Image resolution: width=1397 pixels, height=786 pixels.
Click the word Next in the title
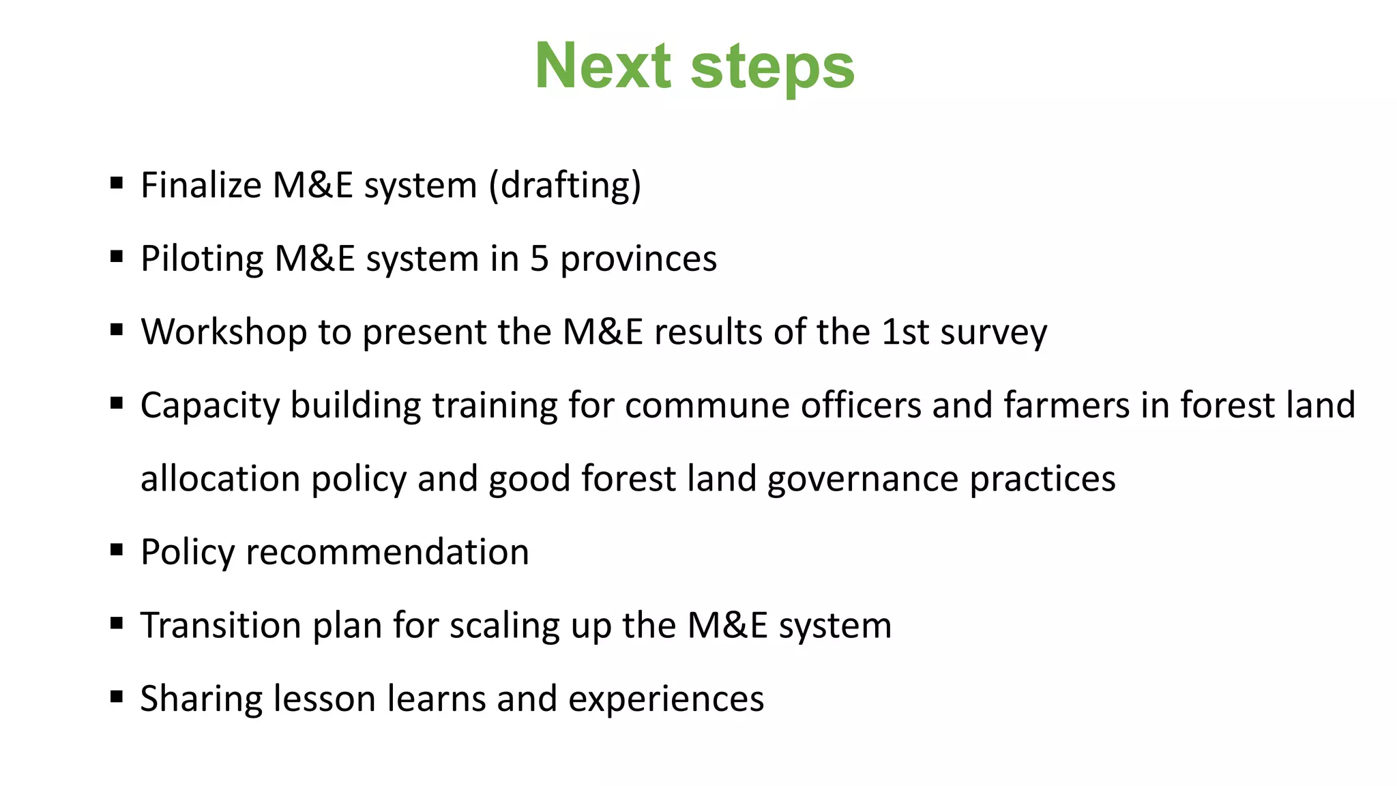click(x=603, y=66)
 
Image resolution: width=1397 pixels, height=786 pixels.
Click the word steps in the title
click(x=772, y=68)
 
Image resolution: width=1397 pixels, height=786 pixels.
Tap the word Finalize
click(x=201, y=186)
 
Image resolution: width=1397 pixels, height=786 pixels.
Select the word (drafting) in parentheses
click(x=565, y=186)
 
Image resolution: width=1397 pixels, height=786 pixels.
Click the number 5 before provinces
click(x=539, y=259)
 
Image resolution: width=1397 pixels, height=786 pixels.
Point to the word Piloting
click(x=201, y=259)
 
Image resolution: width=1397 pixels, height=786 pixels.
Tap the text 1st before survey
click(x=905, y=332)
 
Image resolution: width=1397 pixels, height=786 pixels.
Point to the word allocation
click(x=220, y=479)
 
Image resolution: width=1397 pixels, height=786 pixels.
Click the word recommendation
click(x=387, y=552)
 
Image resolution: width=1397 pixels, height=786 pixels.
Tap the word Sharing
click(x=191, y=699)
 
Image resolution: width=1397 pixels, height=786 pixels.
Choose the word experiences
click(x=666, y=699)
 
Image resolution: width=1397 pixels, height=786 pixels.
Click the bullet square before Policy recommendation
click(x=117, y=549)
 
